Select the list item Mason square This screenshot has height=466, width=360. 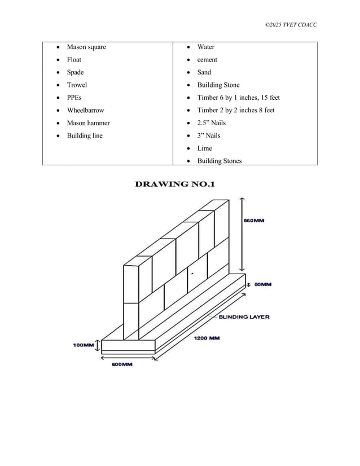(x=86, y=47)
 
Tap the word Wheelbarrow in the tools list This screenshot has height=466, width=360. (x=85, y=110)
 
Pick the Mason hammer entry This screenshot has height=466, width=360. (x=88, y=123)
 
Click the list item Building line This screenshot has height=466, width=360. (x=85, y=135)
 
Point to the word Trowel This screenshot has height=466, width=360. (x=77, y=85)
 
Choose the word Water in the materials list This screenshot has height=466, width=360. (x=205, y=47)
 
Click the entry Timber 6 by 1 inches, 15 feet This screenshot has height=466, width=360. (x=238, y=98)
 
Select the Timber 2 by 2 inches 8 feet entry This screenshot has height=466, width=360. (x=236, y=110)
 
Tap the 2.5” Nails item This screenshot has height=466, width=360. (x=212, y=123)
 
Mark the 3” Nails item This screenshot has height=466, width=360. (x=209, y=135)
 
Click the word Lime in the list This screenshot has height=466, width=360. (x=204, y=148)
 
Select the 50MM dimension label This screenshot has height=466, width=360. (x=263, y=285)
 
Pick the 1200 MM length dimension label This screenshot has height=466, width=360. (x=207, y=338)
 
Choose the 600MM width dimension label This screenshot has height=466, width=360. (x=121, y=364)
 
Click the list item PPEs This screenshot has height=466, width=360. (x=74, y=98)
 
